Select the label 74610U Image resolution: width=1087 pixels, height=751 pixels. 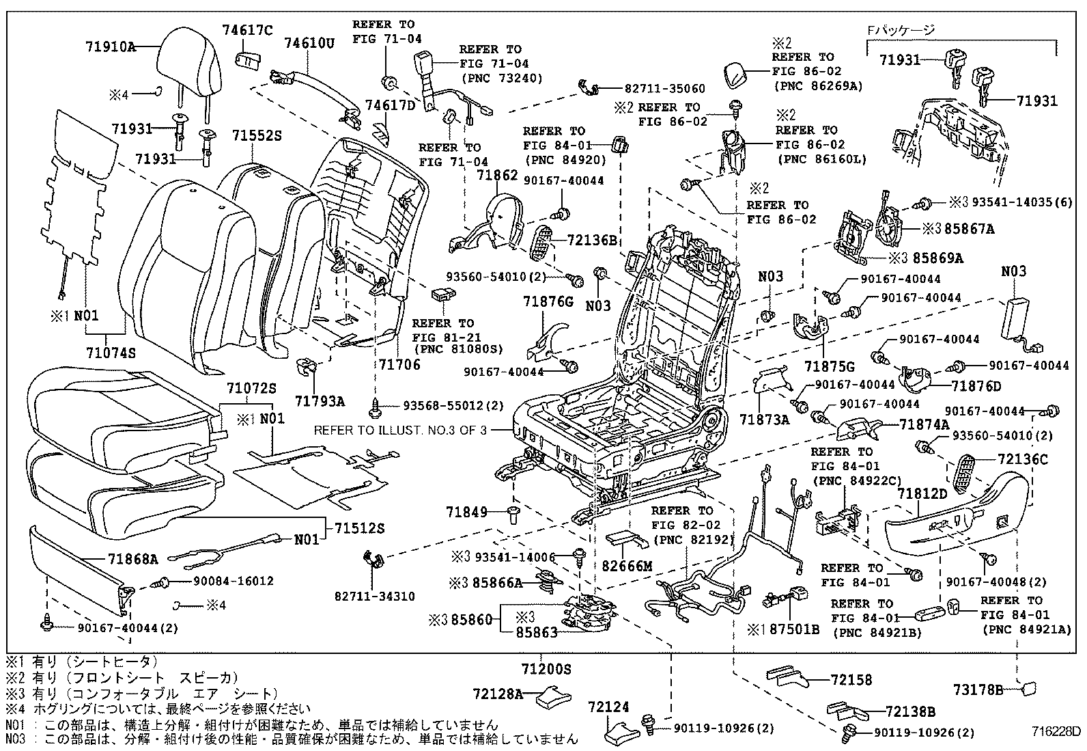pyautogui.click(x=309, y=44)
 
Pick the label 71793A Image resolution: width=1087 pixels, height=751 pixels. pyautogui.click(x=320, y=401)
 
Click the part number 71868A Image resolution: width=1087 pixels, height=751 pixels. pyautogui.click(x=132, y=559)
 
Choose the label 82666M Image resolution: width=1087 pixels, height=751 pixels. pyautogui.click(x=627, y=566)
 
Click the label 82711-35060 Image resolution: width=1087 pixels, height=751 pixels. pyautogui.click(x=664, y=89)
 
